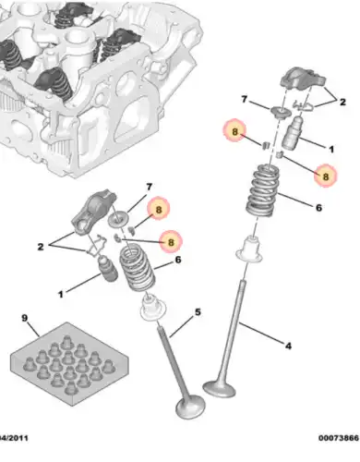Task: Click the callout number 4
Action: (x=288, y=346)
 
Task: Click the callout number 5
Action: (x=198, y=312)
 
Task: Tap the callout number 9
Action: (x=25, y=318)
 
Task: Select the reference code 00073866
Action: (x=339, y=438)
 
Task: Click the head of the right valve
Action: (x=219, y=389)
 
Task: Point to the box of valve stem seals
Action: (x=69, y=364)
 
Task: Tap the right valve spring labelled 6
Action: (x=263, y=190)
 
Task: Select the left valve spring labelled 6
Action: (x=137, y=267)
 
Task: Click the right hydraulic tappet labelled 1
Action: (x=292, y=133)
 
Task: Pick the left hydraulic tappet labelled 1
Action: (x=107, y=268)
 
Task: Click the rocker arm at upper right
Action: (x=303, y=78)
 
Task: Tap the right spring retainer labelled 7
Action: (x=280, y=112)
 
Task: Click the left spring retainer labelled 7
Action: (x=119, y=220)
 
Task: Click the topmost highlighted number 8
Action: (x=234, y=132)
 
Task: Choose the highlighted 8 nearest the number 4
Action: (x=326, y=176)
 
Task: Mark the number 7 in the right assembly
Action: (x=244, y=99)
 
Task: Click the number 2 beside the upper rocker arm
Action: (x=342, y=102)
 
